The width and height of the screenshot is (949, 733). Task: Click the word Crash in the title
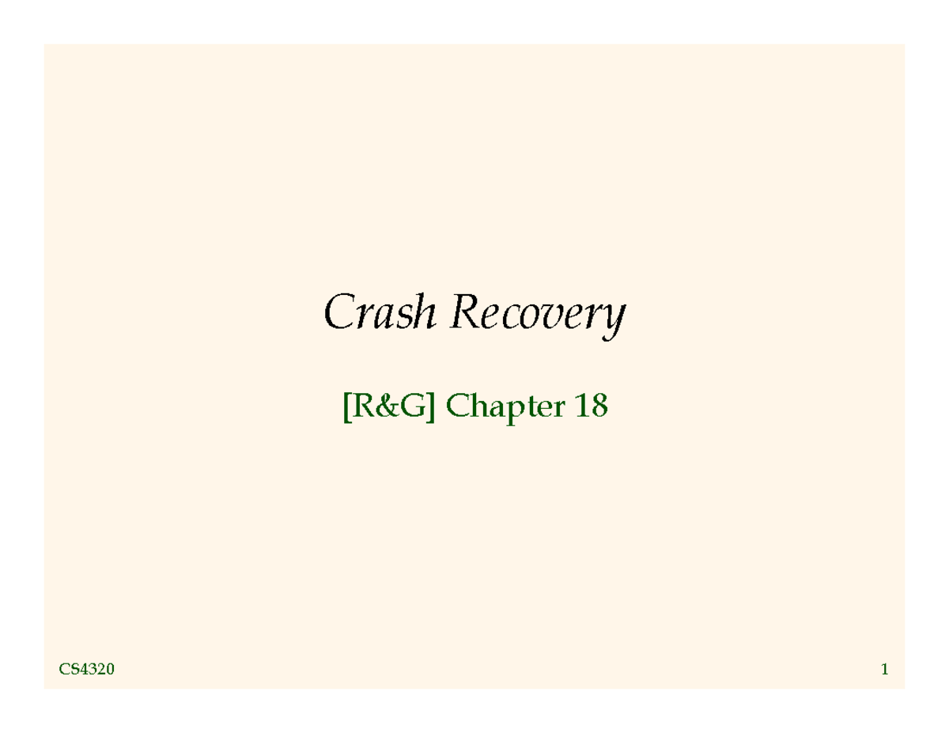[379, 313]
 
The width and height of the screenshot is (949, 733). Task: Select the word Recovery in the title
[537, 315]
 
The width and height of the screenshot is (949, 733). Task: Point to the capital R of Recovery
[466, 313]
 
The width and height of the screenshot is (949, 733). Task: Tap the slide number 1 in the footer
[884, 671]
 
